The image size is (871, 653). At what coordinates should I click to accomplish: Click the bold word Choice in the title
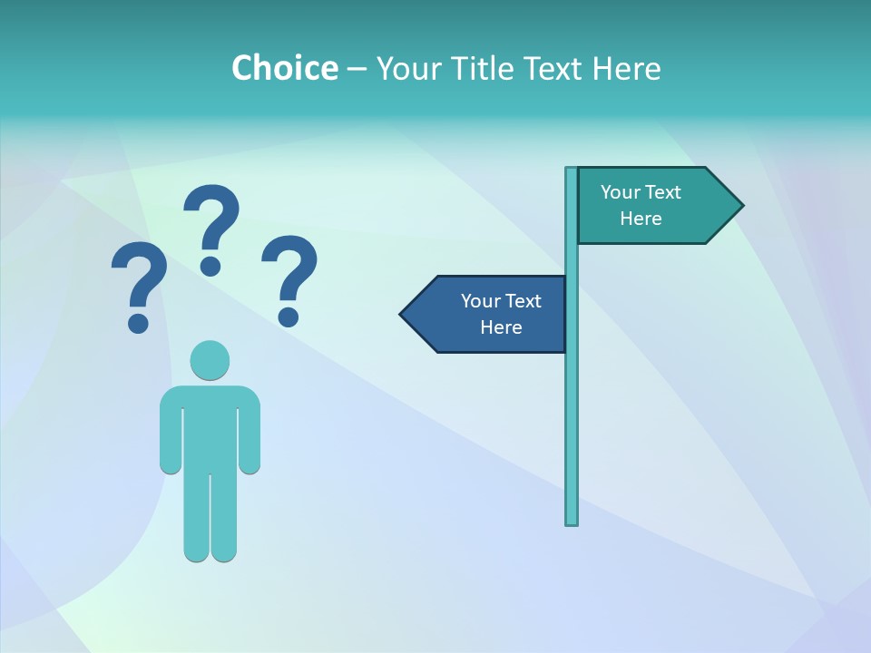point(284,68)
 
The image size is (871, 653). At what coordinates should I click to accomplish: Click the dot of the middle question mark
point(210,265)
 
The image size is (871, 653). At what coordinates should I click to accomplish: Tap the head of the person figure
point(210,360)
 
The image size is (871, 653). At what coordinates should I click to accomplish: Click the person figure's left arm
point(170,435)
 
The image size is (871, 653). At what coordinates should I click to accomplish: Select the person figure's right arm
point(250,435)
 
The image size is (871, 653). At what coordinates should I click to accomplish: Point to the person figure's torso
point(210,426)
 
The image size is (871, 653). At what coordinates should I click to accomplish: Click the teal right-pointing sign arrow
point(653,206)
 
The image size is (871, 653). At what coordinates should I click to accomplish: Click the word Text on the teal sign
point(662,192)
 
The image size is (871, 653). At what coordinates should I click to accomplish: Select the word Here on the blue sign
point(501,327)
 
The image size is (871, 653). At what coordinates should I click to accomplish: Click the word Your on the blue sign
point(479,301)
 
